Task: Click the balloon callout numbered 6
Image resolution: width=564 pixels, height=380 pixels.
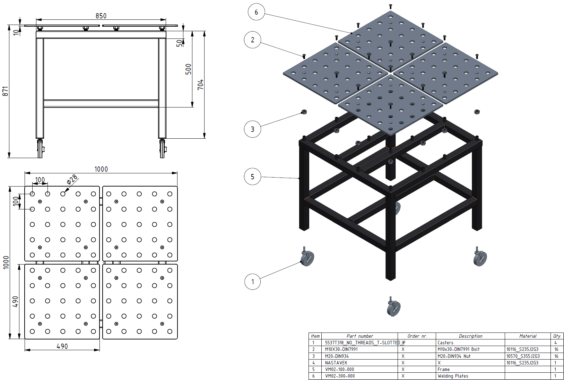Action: (256, 12)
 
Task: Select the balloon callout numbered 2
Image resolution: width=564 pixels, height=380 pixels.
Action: (253, 40)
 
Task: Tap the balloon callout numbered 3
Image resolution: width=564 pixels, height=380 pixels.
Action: (253, 129)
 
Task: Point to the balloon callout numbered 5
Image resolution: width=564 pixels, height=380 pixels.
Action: (253, 176)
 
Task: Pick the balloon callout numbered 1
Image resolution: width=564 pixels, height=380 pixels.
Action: (253, 282)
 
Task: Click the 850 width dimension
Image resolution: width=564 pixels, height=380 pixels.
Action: (101, 16)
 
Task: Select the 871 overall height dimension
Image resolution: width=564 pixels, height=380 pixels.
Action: (5, 91)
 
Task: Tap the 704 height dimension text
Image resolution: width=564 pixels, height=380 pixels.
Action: (200, 85)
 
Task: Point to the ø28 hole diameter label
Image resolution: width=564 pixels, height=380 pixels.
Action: (72, 180)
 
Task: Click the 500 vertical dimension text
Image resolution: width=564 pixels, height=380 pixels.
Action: (188, 69)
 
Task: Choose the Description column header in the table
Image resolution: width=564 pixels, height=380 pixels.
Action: (470, 336)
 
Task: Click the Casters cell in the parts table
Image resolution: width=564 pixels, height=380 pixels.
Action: (445, 343)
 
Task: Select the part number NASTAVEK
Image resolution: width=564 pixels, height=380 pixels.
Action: (336, 363)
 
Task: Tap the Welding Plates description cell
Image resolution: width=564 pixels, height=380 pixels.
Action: (453, 376)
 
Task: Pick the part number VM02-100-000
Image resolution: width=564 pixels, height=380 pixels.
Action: (339, 369)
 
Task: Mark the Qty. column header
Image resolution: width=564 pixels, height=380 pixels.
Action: (557, 336)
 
